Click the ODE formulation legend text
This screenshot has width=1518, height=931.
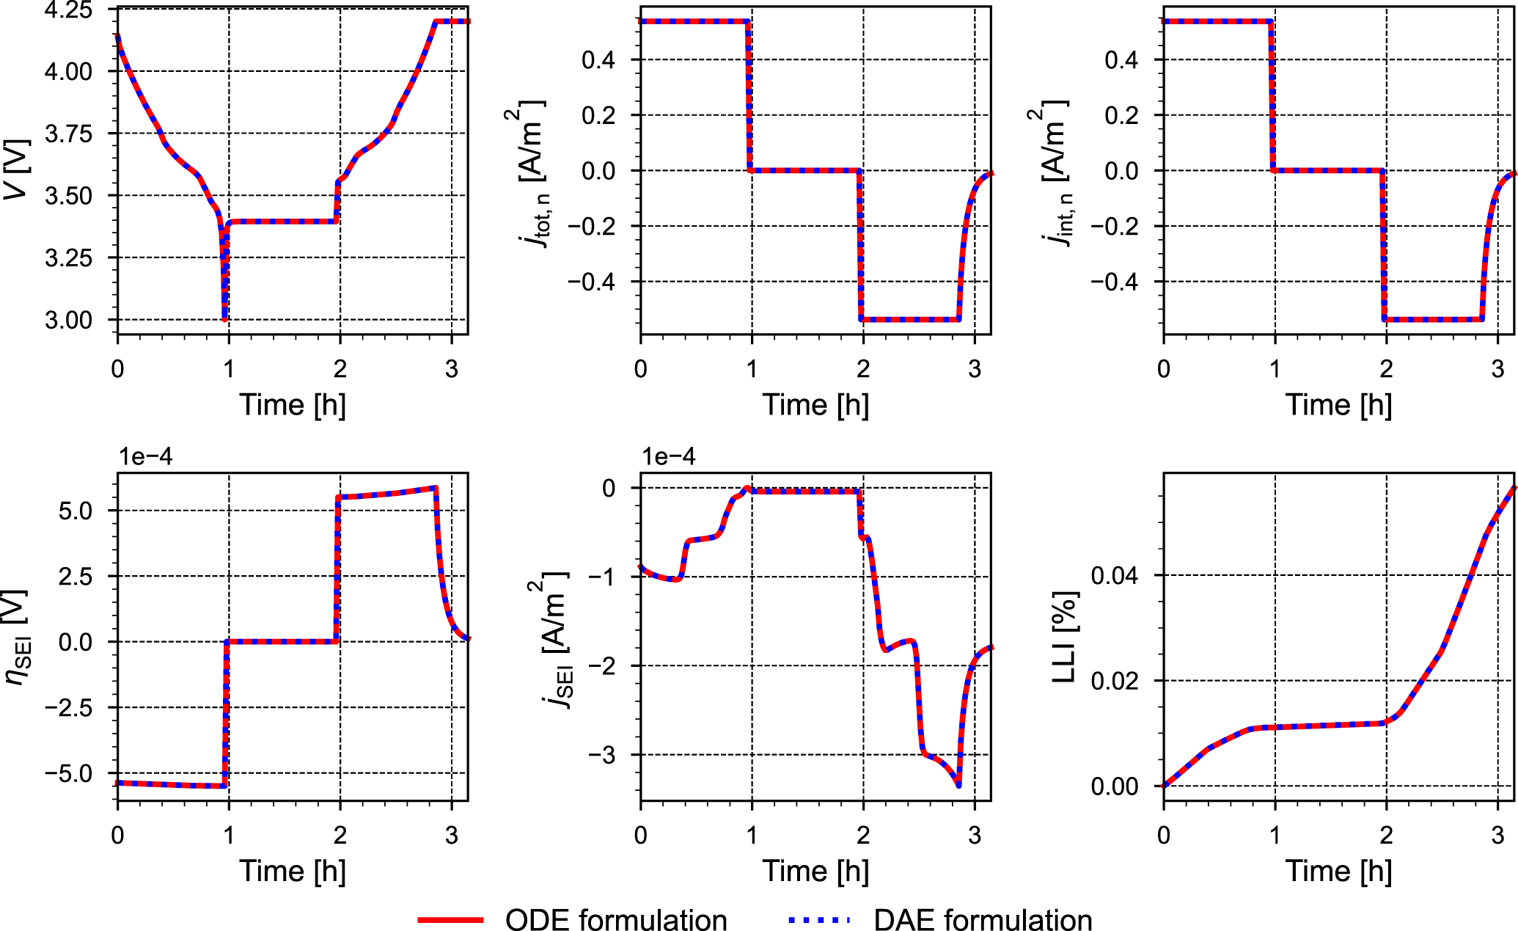615,919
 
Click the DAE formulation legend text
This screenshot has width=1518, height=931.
983,919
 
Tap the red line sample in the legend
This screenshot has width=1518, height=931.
450,919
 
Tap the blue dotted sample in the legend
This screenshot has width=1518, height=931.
818,919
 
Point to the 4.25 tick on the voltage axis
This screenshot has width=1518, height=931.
68,10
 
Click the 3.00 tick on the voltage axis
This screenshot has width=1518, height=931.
68,320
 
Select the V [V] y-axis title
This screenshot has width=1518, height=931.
16,169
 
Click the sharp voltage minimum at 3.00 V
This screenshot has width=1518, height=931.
224,319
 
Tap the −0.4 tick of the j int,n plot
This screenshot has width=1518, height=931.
1114,282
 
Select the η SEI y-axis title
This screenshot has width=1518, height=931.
16,637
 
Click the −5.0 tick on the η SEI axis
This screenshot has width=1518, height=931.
68,773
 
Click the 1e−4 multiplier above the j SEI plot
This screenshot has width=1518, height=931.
668,457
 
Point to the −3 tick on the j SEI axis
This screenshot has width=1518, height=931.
608,755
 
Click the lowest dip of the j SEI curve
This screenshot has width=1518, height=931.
958,786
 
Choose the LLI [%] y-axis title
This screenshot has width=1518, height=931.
1063,637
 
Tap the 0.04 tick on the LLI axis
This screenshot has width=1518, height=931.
1114,575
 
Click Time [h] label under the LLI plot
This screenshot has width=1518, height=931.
1338,872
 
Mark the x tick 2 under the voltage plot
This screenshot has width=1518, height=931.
340,369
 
